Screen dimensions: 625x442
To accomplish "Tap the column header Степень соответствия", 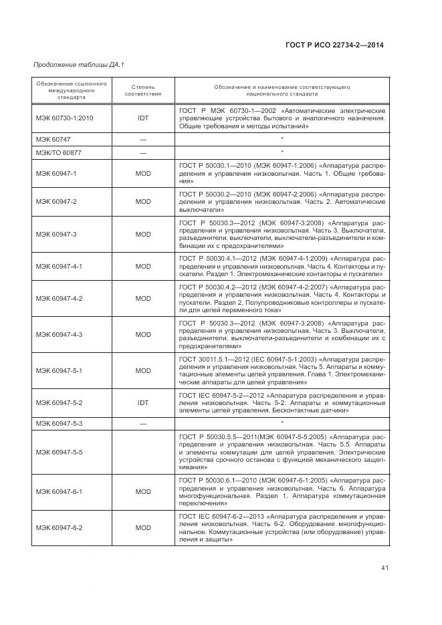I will tap(142, 90).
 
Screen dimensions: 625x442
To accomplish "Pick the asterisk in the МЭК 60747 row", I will tap(282, 138).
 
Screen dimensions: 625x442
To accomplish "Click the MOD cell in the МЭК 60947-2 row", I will tap(142, 201).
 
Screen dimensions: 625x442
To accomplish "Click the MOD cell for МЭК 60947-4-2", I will tap(142, 298).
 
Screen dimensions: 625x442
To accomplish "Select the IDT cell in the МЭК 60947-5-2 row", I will tap(142, 403).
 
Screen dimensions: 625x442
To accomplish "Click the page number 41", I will tap(384, 568).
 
